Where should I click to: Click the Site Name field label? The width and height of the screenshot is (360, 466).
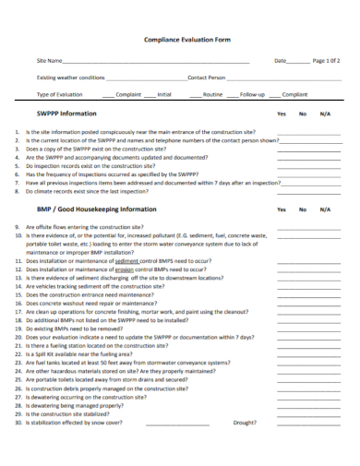pyautogui.click(x=50, y=61)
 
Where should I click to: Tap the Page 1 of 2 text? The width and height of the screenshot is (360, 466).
pyautogui.click(x=326, y=61)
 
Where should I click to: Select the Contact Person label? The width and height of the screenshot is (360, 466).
pyautogui.click(x=207, y=78)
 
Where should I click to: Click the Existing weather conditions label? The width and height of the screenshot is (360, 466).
pyautogui.click(x=71, y=78)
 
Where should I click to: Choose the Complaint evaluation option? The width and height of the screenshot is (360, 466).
pyautogui.click(x=128, y=94)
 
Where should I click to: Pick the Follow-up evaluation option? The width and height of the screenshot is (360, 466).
pyautogui.click(x=252, y=94)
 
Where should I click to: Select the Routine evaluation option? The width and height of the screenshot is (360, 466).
pyautogui.click(x=212, y=94)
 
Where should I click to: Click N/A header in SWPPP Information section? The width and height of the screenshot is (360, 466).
pyautogui.click(x=325, y=114)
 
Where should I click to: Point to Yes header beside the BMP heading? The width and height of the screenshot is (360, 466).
pyautogui.click(x=282, y=209)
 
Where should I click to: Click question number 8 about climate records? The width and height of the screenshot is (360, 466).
pyautogui.click(x=88, y=191)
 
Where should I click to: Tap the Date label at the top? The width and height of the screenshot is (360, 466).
pyautogui.click(x=281, y=61)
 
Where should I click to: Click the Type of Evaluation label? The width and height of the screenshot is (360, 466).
pyautogui.click(x=60, y=94)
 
